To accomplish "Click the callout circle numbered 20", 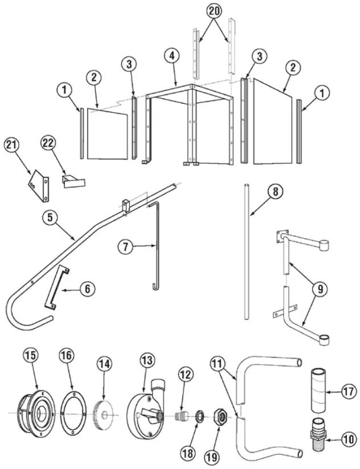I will [214, 11].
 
